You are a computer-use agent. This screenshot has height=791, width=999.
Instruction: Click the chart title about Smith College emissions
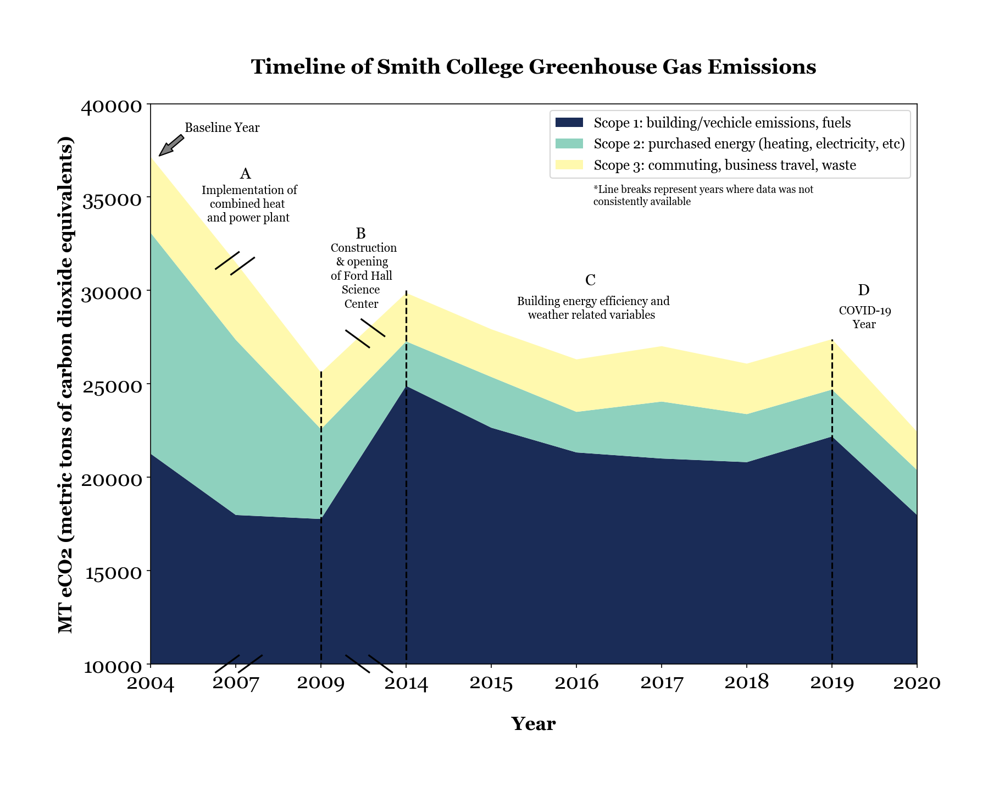pyautogui.click(x=533, y=67)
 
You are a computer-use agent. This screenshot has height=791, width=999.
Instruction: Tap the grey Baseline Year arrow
pyautogui.click(x=171, y=145)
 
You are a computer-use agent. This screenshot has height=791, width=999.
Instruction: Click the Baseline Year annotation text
pyautogui.click(x=222, y=128)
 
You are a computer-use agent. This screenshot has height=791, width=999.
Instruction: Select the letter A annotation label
pyautogui.click(x=245, y=174)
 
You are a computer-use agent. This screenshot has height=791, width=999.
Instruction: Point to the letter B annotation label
pyautogui.click(x=360, y=234)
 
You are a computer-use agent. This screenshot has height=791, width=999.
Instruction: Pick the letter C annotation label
pyautogui.click(x=590, y=281)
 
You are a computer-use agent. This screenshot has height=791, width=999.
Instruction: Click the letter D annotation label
pyautogui.click(x=863, y=290)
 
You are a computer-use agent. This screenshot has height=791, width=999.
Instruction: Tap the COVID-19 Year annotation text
pyautogui.click(x=864, y=317)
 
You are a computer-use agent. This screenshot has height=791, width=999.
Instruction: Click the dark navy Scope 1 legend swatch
pyautogui.click(x=569, y=123)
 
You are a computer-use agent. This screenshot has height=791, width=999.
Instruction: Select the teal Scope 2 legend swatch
pyautogui.click(x=569, y=144)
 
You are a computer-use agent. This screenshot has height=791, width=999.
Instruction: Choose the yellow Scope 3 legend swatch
pyautogui.click(x=569, y=165)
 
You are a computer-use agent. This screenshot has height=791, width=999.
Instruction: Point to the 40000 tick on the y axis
pyautogui.click(x=112, y=106)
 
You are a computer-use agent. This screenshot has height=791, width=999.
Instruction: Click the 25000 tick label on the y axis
pyautogui.click(x=112, y=386)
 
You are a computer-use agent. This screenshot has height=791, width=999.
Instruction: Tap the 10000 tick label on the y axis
pyautogui.click(x=112, y=666)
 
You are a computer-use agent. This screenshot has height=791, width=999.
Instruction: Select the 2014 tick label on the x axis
pyautogui.click(x=406, y=683)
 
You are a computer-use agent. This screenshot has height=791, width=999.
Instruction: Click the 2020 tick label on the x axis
pyautogui.click(x=917, y=683)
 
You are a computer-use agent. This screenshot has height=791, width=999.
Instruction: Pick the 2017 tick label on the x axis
pyautogui.click(x=662, y=683)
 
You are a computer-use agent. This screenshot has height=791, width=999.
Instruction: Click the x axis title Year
pyautogui.click(x=533, y=724)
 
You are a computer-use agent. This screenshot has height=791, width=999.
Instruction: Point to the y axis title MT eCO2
pyautogui.click(x=66, y=384)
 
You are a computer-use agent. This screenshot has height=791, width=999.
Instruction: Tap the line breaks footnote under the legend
pyautogui.click(x=703, y=196)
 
